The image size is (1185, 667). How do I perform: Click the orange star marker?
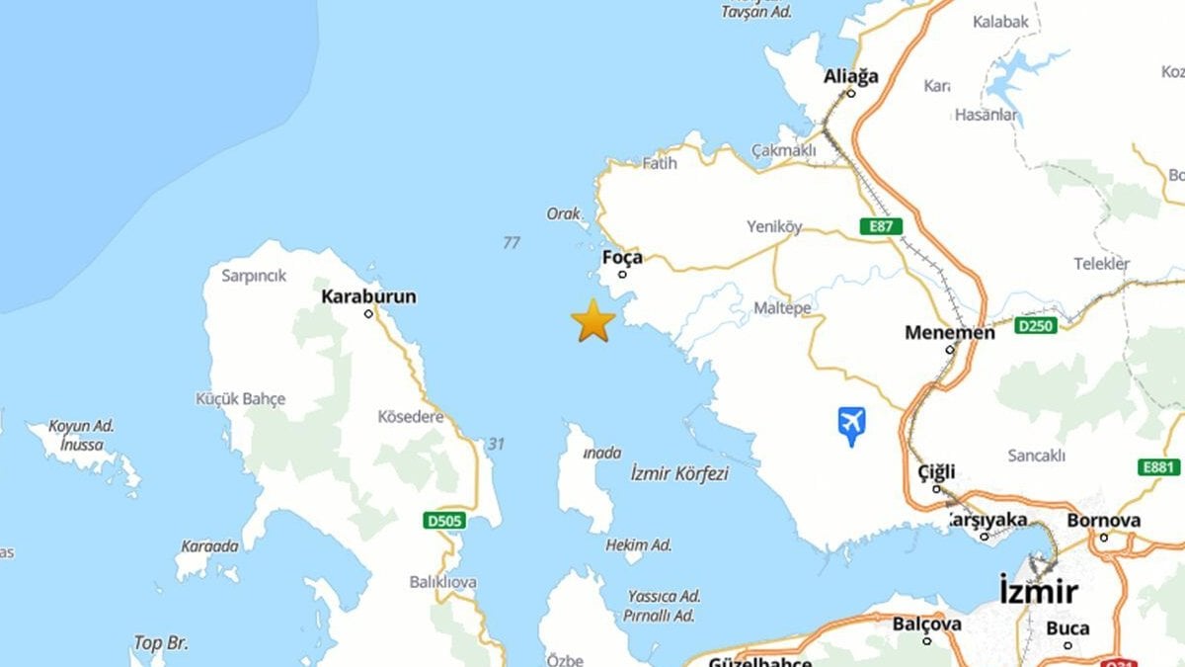(592, 320)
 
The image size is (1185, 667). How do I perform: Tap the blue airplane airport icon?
(851, 425)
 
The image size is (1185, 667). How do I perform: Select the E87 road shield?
(881, 226)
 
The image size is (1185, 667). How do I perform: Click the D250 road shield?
(1036, 325)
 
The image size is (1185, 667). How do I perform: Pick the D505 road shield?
(444, 520)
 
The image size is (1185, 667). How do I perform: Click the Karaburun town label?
(368, 296)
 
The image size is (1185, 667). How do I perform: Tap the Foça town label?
(622, 258)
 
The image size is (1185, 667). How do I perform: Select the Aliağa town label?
(851, 77)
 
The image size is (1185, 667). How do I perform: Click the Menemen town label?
(949, 333)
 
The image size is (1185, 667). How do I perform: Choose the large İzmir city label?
(1037, 592)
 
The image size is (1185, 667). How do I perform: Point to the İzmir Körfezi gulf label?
(679, 474)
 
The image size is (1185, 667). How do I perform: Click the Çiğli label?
(936, 471)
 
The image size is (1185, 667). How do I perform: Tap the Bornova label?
(1103, 521)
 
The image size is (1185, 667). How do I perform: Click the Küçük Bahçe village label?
(240, 399)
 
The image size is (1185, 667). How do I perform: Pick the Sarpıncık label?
(254, 276)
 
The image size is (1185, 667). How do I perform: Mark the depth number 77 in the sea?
(511, 243)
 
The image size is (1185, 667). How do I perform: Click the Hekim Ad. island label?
(638, 545)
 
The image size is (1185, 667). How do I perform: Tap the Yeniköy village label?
(774, 227)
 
